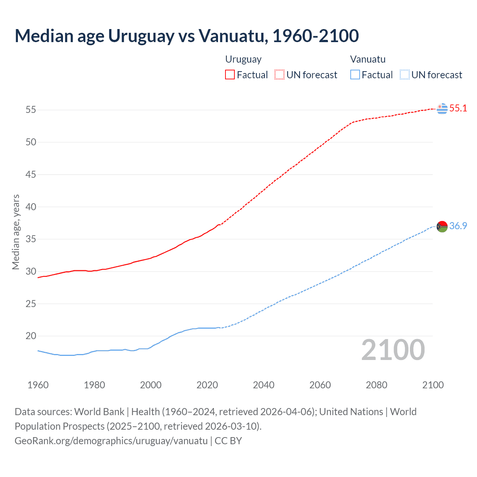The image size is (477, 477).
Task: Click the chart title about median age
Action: coord(187,36)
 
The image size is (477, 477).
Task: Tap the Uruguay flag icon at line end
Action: coord(442,108)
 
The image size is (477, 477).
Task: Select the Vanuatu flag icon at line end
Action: coord(442,226)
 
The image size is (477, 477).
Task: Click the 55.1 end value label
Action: coord(458,108)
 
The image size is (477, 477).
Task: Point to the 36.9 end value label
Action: coord(458,226)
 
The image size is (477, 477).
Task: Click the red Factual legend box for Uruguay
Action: coord(230,75)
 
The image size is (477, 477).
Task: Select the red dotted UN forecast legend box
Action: coord(279,75)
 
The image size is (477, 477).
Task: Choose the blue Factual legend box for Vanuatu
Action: coord(355,75)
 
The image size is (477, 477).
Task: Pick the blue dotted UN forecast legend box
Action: coord(404,75)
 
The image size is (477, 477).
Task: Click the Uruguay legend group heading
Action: coord(243,59)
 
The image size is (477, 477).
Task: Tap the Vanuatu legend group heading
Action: coord(368,59)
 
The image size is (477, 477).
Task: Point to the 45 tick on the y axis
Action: coord(31,174)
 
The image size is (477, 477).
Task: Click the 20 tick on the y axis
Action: coord(31,336)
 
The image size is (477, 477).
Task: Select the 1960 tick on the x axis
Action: coord(38,385)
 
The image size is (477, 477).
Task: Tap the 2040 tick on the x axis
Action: coord(263,385)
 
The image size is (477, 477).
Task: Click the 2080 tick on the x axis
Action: coord(376,385)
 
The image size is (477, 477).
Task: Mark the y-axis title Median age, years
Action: coord(16,232)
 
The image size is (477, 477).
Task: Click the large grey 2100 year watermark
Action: coord(393,350)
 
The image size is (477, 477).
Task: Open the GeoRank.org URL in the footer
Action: coord(111,441)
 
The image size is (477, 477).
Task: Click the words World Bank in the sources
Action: coord(99,412)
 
